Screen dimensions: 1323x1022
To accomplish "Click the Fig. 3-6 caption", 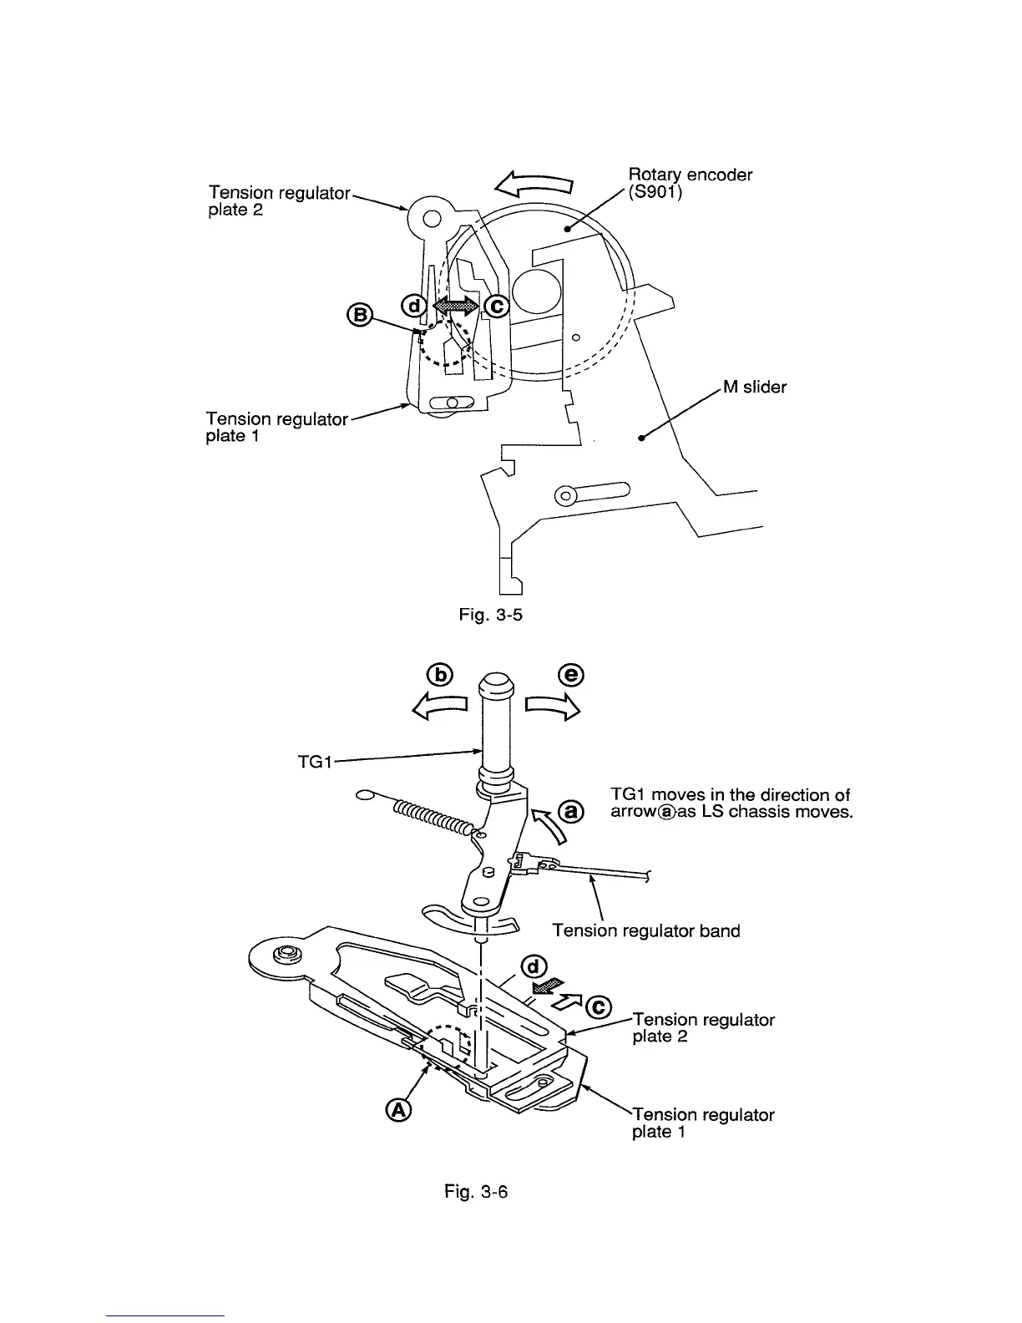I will click(477, 1191).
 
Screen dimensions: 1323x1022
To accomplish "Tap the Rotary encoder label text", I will click(690, 175).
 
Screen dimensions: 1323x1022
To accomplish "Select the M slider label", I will click(754, 387).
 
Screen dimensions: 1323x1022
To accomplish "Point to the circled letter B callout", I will click(358, 315).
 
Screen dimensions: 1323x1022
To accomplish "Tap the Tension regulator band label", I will click(646, 930).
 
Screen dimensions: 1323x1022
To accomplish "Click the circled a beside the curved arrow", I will click(570, 810).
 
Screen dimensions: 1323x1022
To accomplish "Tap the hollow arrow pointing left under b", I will click(438, 708).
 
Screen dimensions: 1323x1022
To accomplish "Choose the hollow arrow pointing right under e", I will click(552, 708).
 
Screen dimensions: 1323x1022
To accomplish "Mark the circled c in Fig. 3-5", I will click(496, 307).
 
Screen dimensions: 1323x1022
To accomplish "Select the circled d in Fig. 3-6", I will click(532, 968).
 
